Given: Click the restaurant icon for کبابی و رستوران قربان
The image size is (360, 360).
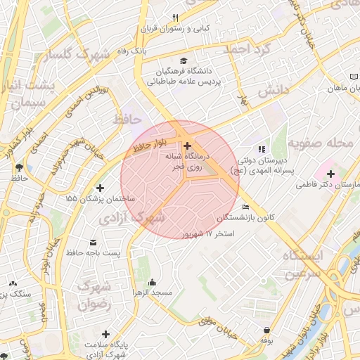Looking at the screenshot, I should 176,18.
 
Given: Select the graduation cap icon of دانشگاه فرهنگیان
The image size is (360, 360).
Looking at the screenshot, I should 184,60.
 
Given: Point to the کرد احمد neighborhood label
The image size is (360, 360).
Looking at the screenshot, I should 247,49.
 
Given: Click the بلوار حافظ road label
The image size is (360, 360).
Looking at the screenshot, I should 148,148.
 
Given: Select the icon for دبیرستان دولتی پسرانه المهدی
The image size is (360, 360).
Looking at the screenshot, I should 262,149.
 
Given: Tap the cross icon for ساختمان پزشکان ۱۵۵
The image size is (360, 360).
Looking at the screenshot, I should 101,188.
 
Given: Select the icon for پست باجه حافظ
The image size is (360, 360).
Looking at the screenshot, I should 93,242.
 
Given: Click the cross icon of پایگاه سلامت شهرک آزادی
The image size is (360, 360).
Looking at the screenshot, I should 105,334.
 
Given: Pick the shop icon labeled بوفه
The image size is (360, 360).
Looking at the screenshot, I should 266,330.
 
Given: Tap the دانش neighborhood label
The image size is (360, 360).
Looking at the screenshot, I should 272,91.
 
